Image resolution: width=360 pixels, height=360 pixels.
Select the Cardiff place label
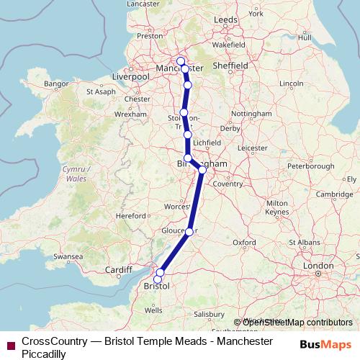(119, 271)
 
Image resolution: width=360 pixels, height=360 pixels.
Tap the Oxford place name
(244, 243)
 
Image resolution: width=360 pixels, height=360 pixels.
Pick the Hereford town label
(132, 215)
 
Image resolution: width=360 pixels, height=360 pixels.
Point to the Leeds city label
(225, 19)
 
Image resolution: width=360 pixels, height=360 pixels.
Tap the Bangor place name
(55, 84)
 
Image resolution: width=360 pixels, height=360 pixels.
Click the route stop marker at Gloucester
(189, 231)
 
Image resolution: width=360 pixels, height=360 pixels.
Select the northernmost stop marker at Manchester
(181, 61)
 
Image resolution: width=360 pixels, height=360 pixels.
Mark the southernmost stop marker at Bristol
(158, 279)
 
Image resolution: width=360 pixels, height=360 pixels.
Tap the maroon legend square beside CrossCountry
(9, 345)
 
